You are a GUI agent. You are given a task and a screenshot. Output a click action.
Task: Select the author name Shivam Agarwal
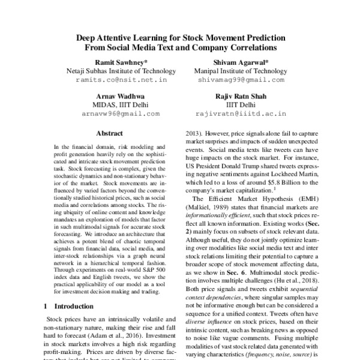click(241, 61)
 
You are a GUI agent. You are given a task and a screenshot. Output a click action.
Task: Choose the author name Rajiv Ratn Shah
click(241, 95)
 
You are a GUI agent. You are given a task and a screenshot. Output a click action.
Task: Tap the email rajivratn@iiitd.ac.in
click(241, 113)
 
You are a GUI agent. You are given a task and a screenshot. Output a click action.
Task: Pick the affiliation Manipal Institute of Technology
click(241, 70)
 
